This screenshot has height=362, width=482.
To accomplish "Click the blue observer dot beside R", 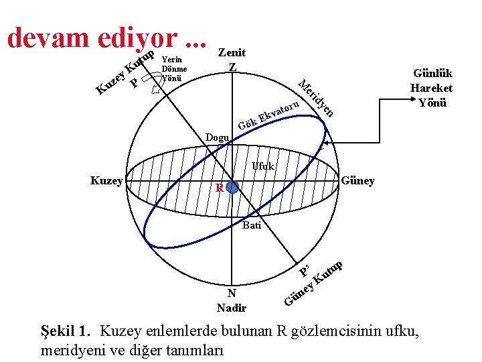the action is (x=232, y=188).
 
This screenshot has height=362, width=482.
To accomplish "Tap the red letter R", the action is (x=219, y=188).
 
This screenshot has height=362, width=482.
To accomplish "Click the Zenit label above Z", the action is (x=232, y=52).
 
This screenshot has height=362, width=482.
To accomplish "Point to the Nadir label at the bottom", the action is (x=232, y=308).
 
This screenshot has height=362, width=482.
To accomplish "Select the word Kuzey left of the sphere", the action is (x=106, y=181).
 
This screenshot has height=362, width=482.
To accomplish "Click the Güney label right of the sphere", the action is (x=357, y=181).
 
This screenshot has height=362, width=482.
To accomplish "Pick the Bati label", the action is (x=252, y=225).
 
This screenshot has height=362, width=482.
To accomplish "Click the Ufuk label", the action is (x=263, y=166).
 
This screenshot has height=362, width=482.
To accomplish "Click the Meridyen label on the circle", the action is (x=316, y=98).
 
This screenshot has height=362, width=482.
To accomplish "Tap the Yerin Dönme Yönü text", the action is (x=173, y=68).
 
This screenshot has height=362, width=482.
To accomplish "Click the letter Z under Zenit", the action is (x=232, y=67).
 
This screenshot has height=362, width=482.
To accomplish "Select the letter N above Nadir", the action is (x=231, y=293).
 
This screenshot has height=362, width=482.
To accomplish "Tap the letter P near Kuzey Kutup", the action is (x=135, y=84).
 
